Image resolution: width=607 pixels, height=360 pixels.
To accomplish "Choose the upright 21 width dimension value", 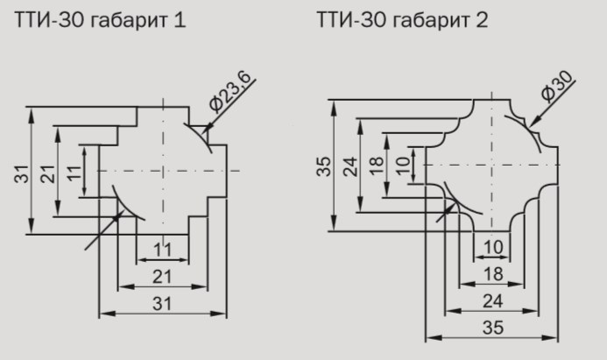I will (162, 277).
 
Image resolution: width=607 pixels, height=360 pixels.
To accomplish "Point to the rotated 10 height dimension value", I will (403, 165).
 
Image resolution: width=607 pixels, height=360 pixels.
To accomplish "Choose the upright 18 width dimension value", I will (494, 274).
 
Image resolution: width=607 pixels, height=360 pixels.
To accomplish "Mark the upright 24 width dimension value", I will (494, 300).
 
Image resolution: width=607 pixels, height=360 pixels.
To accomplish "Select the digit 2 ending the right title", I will (482, 19).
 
